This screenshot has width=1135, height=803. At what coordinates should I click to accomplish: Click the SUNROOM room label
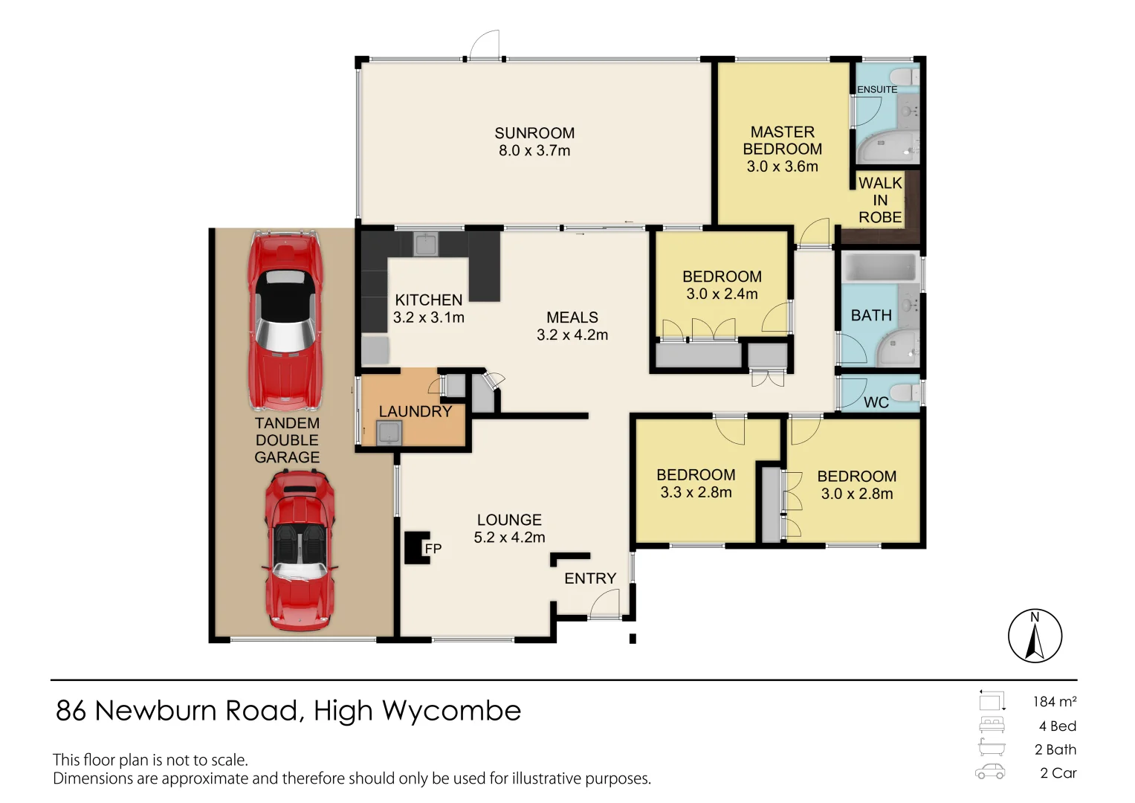pos(534,133)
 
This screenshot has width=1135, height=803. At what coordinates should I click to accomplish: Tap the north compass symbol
pos(1035,636)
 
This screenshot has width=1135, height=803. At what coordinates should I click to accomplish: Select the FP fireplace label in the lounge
pos(433,549)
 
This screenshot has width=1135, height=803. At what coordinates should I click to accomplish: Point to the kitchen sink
pos(426,244)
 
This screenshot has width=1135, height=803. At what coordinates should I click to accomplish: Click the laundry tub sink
pos(389,432)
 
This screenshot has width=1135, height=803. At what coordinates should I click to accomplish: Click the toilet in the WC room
pos(905,392)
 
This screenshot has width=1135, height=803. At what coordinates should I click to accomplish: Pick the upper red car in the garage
pos(285,320)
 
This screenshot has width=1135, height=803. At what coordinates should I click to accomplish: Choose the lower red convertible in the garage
pos(300,550)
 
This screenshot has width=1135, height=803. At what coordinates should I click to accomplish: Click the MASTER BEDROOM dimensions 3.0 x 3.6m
pos(782,167)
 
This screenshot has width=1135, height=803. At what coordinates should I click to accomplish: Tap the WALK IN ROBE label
pos(880,200)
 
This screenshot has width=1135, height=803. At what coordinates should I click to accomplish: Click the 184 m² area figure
pos(1054,701)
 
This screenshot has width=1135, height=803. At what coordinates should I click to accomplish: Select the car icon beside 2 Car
pos(990,773)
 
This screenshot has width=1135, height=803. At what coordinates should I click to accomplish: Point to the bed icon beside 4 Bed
pos(992,725)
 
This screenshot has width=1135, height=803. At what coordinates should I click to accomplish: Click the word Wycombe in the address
pos(451,711)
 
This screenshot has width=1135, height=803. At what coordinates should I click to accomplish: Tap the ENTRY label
pos(590,578)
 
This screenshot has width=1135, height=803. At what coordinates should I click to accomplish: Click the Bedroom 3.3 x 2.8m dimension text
pos(696,492)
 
